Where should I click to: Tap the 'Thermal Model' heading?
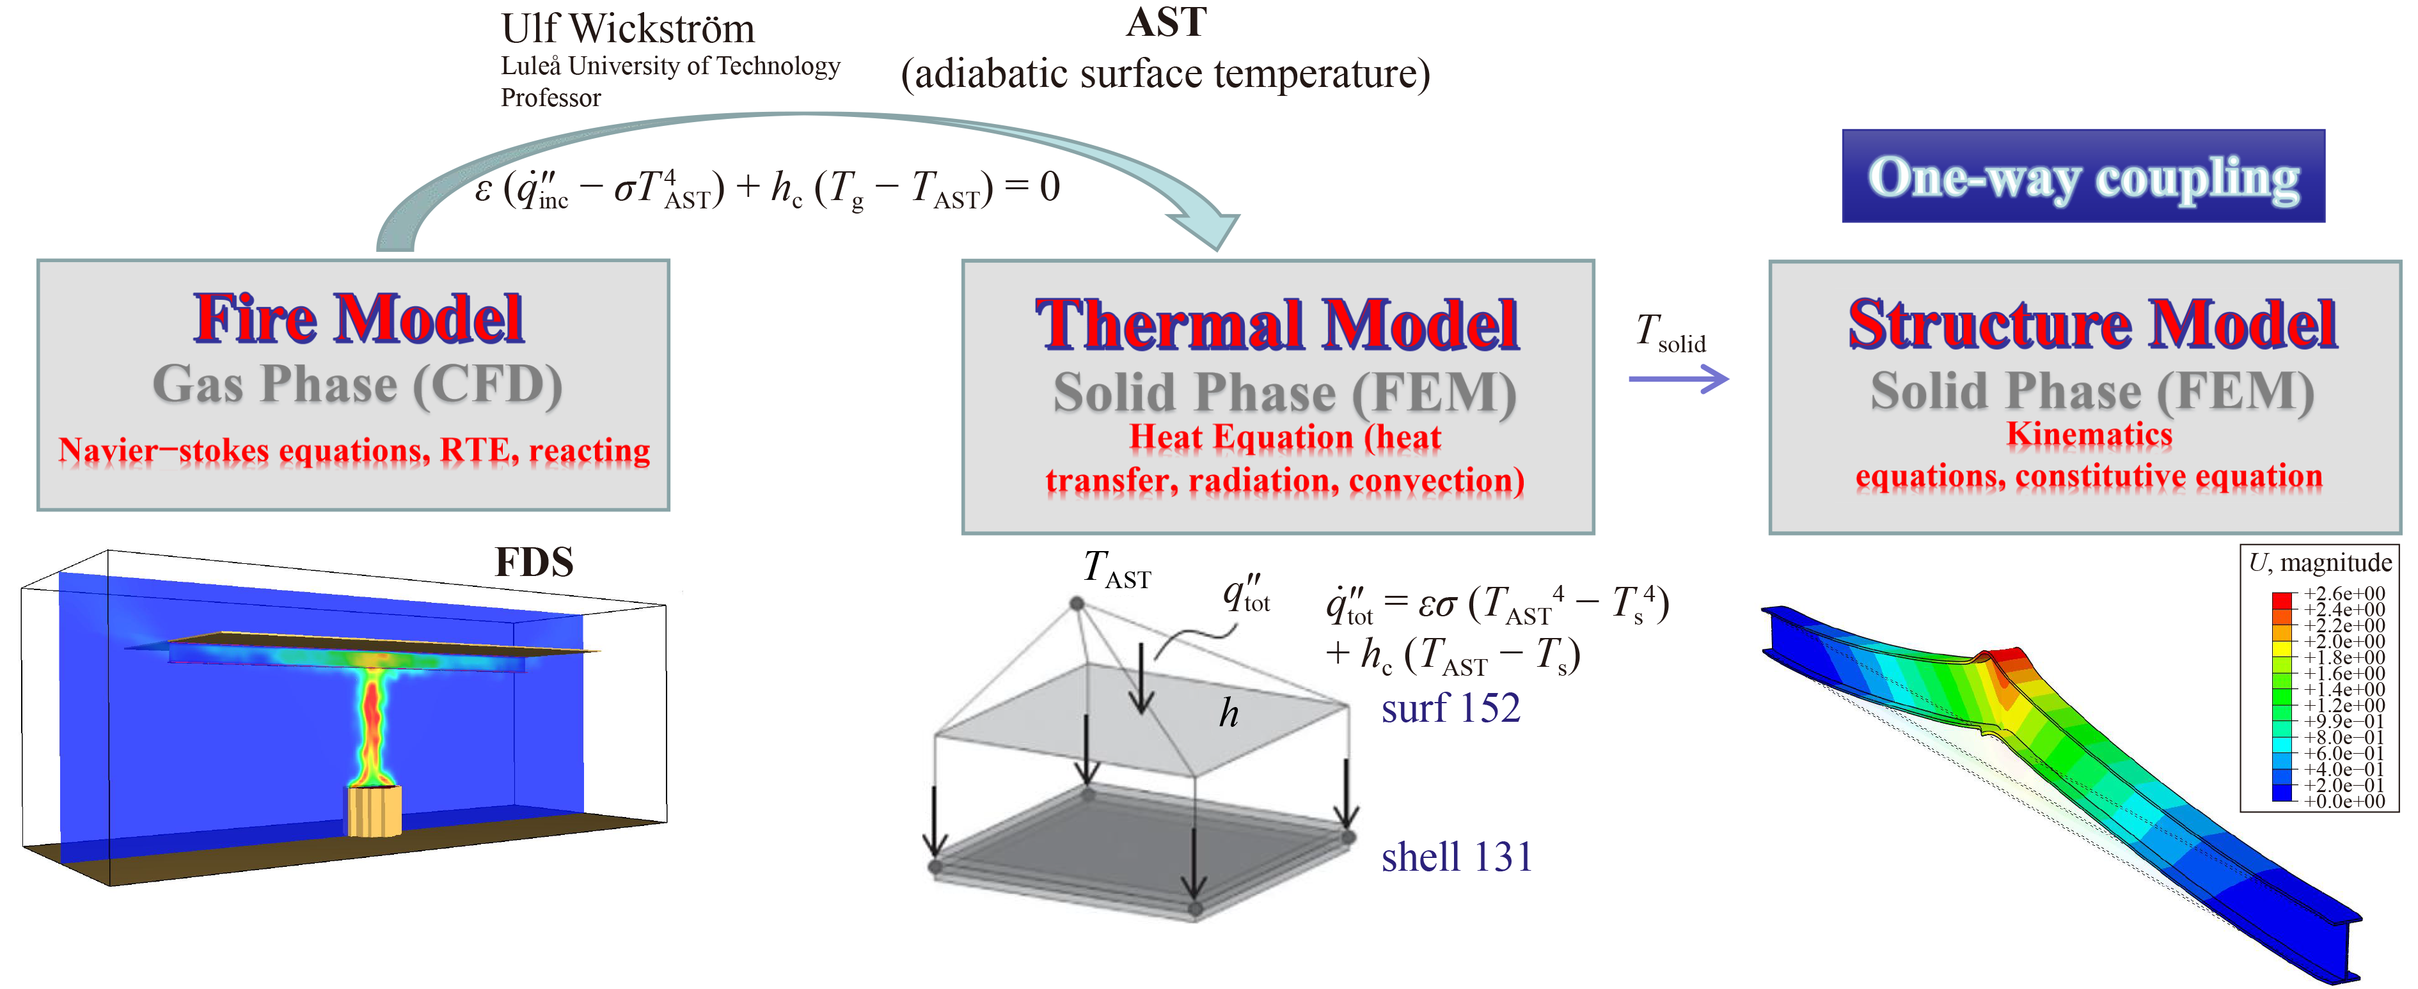point(1277,325)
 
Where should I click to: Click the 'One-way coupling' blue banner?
point(2083,176)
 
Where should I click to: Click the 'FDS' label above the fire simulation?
point(534,562)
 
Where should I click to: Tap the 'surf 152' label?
point(1450,708)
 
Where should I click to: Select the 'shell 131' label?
point(1456,857)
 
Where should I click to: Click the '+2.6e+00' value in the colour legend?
point(2344,594)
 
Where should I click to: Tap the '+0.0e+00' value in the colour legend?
point(2344,801)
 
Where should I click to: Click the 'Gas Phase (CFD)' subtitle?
point(358,385)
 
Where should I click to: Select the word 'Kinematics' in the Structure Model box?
point(2089,435)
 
